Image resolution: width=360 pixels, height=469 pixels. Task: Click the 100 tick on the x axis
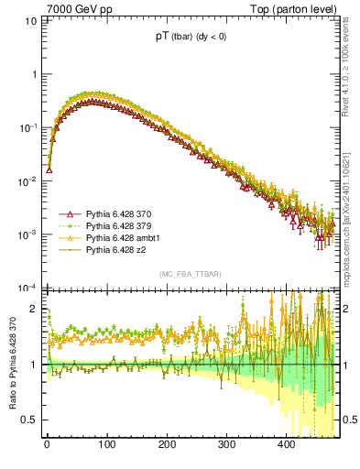tap(107, 445)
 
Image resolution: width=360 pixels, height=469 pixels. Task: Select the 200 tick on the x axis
tap(167, 445)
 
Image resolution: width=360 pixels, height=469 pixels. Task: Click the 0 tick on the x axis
tap(47, 445)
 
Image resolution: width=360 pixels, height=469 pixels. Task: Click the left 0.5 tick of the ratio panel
tap(32, 420)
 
